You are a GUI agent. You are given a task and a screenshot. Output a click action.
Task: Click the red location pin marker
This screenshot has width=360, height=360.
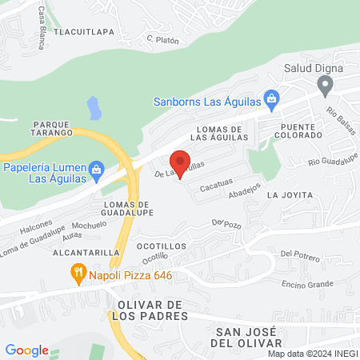[181, 163]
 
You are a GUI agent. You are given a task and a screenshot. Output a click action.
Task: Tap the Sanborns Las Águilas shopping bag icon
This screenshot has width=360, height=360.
[271, 101]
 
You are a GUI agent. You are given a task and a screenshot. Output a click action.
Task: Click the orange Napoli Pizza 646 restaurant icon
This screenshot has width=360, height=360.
[78, 274]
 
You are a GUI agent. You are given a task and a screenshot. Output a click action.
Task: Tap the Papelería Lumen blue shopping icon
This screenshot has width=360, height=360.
[97, 170]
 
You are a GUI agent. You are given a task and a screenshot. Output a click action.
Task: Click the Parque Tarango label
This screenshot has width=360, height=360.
[54, 130]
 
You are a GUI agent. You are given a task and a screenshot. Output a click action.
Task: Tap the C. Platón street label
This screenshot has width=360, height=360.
[161, 38]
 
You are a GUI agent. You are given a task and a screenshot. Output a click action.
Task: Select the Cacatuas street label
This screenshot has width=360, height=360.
[216, 185]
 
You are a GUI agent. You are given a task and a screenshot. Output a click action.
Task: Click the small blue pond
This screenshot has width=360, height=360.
[94, 106]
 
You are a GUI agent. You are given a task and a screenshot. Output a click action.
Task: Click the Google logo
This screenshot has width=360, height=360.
[26, 350]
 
